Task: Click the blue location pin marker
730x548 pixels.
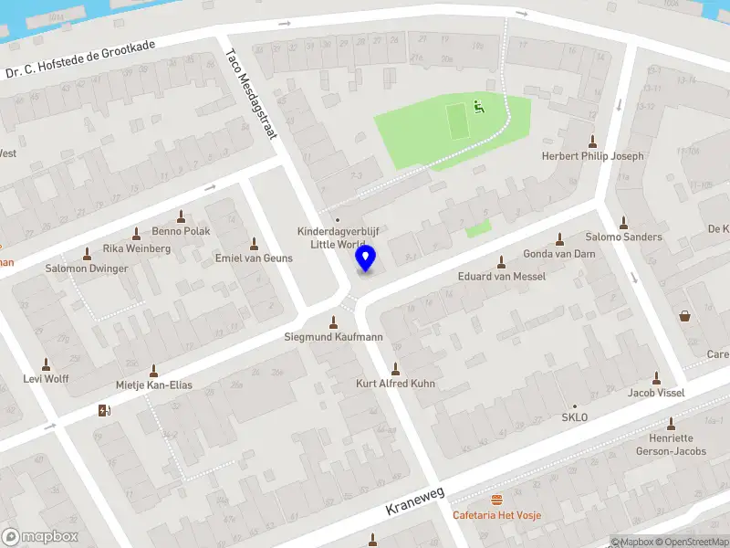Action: (x=366, y=258)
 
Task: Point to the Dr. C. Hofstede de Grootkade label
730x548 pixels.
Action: (x=80, y=59)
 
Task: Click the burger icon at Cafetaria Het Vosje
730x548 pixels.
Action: (x=497, y=500)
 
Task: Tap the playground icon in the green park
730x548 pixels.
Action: (x=477, y=106)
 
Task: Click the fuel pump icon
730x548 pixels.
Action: (x=103, y=410)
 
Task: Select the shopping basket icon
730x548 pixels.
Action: (x=684, y=317)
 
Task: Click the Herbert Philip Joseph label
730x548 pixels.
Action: (x=592, y=156)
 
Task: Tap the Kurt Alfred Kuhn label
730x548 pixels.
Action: (x=395, y=384)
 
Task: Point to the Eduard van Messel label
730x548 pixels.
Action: (x=501, y=276)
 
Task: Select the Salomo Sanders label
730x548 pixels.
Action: (x=623, y=237)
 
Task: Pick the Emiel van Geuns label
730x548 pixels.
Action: (x=254, y=258)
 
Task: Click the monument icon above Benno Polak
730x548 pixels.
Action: (x=181, y=216)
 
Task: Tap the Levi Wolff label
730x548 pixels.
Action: (x=47, y=378)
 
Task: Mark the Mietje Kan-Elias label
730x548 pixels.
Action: (x=153, y=385)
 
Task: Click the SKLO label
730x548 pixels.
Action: (x=575, y=417)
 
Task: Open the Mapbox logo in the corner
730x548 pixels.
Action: (x=40, y=537)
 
